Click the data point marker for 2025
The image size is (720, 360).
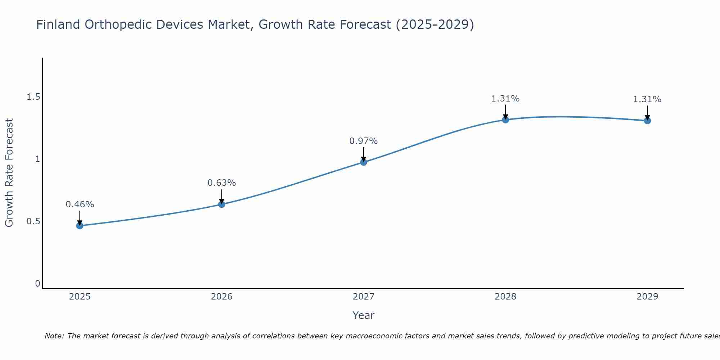80,226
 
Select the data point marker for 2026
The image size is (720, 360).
221,204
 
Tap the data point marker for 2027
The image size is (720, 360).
364,162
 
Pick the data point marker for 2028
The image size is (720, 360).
505,120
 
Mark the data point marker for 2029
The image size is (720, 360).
647,121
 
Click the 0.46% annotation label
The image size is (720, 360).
80,204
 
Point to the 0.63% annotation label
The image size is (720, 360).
221,183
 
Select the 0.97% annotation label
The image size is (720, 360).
364,141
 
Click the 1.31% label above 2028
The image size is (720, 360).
505,99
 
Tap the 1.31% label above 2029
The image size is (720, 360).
647,99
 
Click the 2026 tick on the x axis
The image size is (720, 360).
221,297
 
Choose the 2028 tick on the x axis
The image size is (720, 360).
505,297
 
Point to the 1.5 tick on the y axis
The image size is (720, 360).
33,97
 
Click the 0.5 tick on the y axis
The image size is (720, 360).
33,221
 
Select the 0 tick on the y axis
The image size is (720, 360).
37,284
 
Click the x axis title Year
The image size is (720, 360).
364,315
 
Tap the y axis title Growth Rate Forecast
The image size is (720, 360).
9,173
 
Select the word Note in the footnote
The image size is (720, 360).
54,336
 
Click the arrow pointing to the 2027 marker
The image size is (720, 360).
364,154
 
